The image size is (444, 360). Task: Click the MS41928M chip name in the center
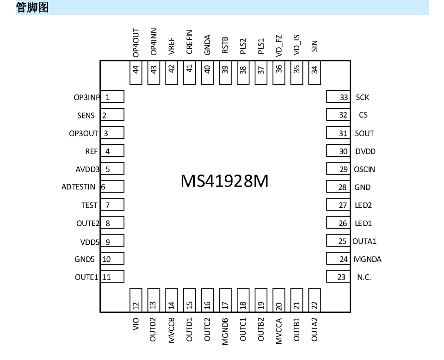pyautogui.click(x=224, y=181)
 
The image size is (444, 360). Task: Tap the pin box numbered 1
pyautogui.click(x=112, y=97)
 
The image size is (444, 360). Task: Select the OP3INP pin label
pyautogui.click(x=86, y=98)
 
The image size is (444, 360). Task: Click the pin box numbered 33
pyautogui.click(x=339, y=97)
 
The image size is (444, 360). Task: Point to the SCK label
pyautogui.click(x=363, y=98)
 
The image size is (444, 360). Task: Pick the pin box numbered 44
pyautogui.click(x=136, y=73)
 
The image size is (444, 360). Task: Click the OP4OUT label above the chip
pyautogui.click(x=136, y=43)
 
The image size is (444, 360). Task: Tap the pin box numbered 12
pyautogui.click(x=136, y=300)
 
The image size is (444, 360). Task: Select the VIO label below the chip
pyautogui.click(x=136, y=324)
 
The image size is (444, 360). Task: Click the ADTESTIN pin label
pyautogui.click(x=78, y=187)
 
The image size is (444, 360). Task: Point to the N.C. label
pyautogui.click(x=364, y=277)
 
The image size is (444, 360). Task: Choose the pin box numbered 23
pyautogui.click(x=339, y=276)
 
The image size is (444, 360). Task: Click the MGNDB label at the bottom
pyautogui.click(x=225, y=331)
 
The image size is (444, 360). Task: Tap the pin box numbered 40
pyautogui.click(x=207, y=73)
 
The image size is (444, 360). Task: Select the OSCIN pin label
pyautogui.click(x=364, y=169)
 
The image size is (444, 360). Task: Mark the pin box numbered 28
pyautogui.click(x=339, y=186)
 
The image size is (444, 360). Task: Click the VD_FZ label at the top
pyautogui.click(x=279, y=46)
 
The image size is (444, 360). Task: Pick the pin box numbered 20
pyautogui.click(x=278, y=300)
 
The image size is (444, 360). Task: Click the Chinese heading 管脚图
pyautogui.click(x=32, y=7)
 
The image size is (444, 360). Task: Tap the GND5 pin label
pyautogui.click(x=84, y=259)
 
